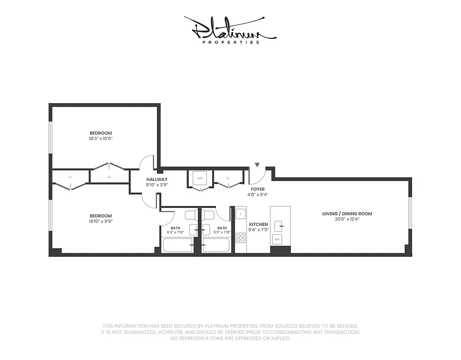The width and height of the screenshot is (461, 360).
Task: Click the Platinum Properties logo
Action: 230,30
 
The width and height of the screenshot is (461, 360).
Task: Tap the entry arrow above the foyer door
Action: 257,166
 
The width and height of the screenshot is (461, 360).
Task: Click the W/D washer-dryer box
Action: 200,178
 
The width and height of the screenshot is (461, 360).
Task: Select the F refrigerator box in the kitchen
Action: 241,213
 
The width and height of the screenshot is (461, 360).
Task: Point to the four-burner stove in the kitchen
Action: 241,237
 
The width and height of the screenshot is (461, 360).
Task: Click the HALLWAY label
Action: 157,179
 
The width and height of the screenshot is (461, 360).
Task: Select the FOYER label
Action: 258,189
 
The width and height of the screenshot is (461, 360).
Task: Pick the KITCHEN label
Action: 259,224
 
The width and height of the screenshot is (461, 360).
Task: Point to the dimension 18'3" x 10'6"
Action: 100,139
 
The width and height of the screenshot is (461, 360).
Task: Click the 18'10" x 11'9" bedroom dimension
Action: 100,221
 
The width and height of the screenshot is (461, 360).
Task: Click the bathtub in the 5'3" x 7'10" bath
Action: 216,245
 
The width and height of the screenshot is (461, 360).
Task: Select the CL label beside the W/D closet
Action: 228,178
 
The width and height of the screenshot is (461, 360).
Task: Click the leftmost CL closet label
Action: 71,177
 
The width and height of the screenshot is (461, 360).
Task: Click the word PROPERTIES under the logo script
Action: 230,43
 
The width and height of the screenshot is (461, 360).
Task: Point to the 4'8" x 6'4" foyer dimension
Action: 258,195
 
